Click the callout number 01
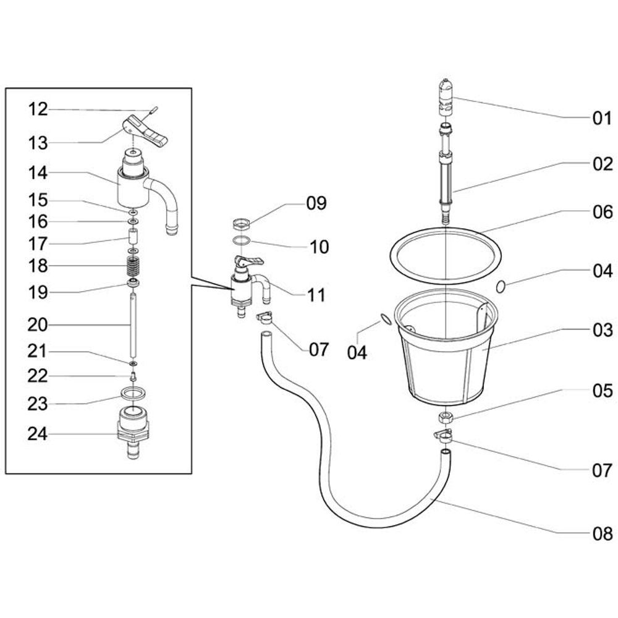tap(602, 118)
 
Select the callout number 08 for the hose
tap(603, 534)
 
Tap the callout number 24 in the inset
tap(38, 434)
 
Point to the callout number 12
tap(38, 109)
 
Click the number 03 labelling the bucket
tap(603, 330)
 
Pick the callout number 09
tap(316, 203)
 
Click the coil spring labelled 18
tap(133, 267)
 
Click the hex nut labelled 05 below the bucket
tap(446, 417)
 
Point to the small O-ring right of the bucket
tap(501, 286)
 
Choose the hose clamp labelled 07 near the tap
tap(264, 317)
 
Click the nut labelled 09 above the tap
tap(241, 225)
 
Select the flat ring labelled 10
tap(241, 240)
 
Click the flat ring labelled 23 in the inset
tap(133, 393)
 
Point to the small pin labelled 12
tap(154, 108)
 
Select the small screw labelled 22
tap(133, 376)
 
